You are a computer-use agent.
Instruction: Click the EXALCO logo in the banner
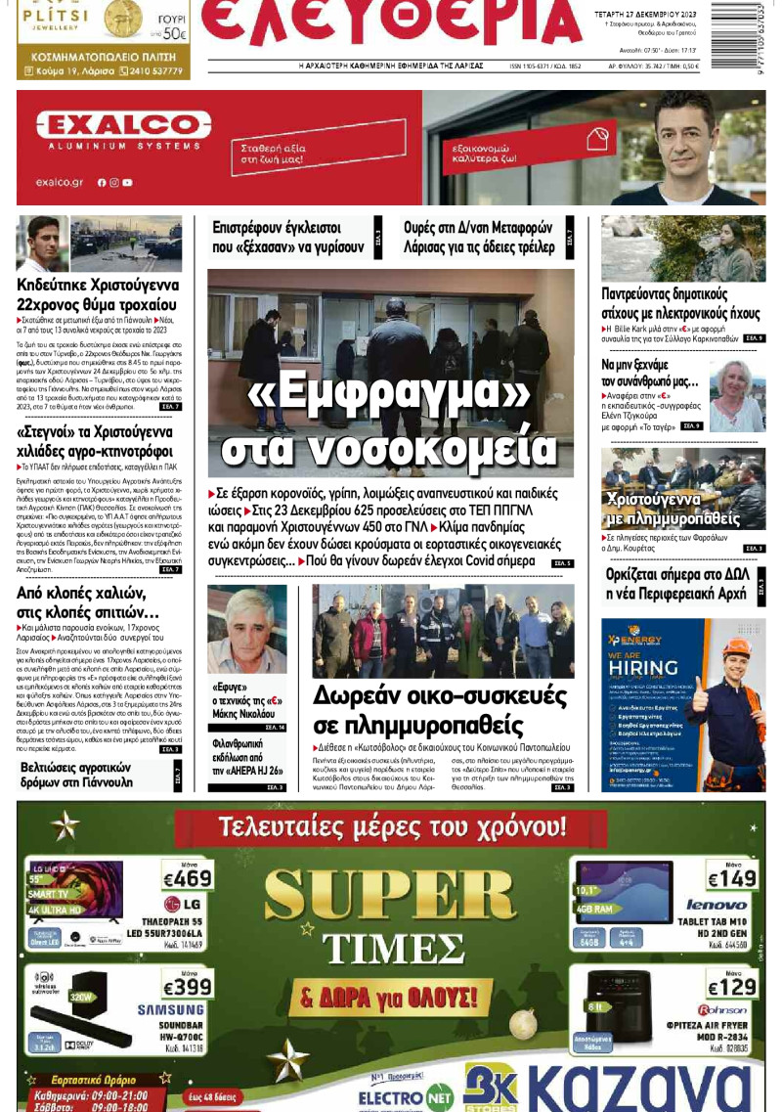click(115, 125)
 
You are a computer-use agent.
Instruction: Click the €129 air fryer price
click(731, 987)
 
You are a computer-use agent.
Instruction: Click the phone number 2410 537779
click(154, 71)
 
